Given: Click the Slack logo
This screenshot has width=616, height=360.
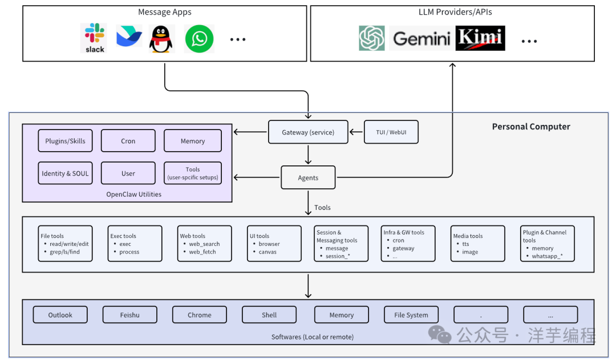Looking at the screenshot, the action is pyautogui.click(x=95, y=38).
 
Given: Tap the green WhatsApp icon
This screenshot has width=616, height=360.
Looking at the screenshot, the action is pyautogui.click(x=200, y=39).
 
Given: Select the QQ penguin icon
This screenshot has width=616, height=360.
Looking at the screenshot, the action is pyautogui.click(x=161, y=39).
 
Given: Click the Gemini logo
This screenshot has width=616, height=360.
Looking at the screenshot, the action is pyautogui.click(x=422, y=39).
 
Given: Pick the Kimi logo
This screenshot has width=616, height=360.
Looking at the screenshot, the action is pyautogui.click(x=480, y=38).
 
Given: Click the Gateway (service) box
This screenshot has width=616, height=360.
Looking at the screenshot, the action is pyautogui.click(x=308, y=132).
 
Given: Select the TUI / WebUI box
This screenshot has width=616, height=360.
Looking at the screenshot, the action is pyautogui.click(x=391, y=132).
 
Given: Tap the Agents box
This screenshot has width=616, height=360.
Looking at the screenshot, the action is pyautogui.click(x=308, y=177).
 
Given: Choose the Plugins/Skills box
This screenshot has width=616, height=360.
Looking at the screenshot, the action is pyautogui.click(x=65, y=141).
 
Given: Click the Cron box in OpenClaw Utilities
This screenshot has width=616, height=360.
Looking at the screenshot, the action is pyautogui.click(x=128, y=141).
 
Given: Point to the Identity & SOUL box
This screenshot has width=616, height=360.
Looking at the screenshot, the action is pyautogui.click(x=65, y=173).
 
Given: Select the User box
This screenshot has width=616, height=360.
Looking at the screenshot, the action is pyautogui.click(x=128, y=173).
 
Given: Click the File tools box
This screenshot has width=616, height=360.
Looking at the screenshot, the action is pyautogui.click(x=65, y=244).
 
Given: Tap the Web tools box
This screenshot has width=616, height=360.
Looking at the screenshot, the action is pyautogui.click(x=205, y=244).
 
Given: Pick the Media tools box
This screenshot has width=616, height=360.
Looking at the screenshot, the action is pyautogui.click(x=478, y=244).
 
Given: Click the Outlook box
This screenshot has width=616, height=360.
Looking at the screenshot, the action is pyautogui.click(x=60, y=315).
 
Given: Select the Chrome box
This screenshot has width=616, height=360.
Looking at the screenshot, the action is pyautogui.click(x=199, y=315).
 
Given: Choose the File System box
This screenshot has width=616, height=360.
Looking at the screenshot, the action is pyautogui.click(x=411, y=315).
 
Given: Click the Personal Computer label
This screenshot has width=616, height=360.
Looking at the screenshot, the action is pyautogui.click(x=531, y=127).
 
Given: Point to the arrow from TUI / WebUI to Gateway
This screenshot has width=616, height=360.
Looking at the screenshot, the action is pyautogui.click(x=356, y=132).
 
